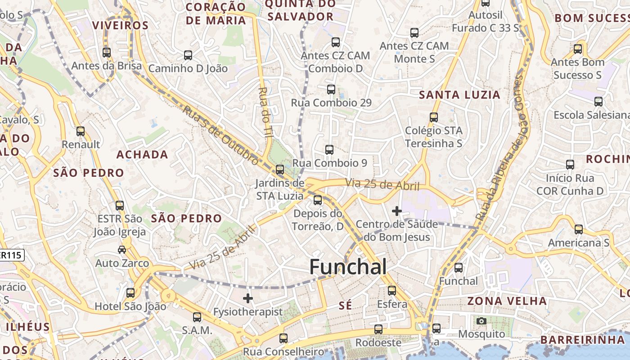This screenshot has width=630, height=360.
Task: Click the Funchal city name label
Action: click(348, 267)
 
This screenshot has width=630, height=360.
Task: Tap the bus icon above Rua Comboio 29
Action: click(331, 89)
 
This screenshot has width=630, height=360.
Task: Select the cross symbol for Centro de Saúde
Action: click(397, 211)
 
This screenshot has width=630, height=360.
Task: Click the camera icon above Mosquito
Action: click(481, 321)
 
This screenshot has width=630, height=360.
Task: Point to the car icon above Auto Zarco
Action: click(122, 249)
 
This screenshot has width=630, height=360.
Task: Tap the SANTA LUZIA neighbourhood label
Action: click(459, 95)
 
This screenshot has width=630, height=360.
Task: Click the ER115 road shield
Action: click(11, 255)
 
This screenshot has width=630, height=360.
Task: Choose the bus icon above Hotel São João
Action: click(130, 293)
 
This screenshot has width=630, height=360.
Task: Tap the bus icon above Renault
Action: click(81, 131)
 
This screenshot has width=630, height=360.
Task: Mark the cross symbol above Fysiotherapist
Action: click(248, 298)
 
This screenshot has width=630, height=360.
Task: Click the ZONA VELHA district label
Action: click(507, 301)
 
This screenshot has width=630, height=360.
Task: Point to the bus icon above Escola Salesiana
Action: click(598, 102)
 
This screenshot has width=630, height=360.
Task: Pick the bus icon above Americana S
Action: click(579, 229)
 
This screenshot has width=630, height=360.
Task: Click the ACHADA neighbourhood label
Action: click(142, 155)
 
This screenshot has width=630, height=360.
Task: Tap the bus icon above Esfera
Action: click(392, 291)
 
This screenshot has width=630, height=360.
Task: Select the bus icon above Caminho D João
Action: click(188, 55)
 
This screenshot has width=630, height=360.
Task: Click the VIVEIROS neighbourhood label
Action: click(120, 25)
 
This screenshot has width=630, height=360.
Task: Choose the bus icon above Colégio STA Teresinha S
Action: click(434, 117)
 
